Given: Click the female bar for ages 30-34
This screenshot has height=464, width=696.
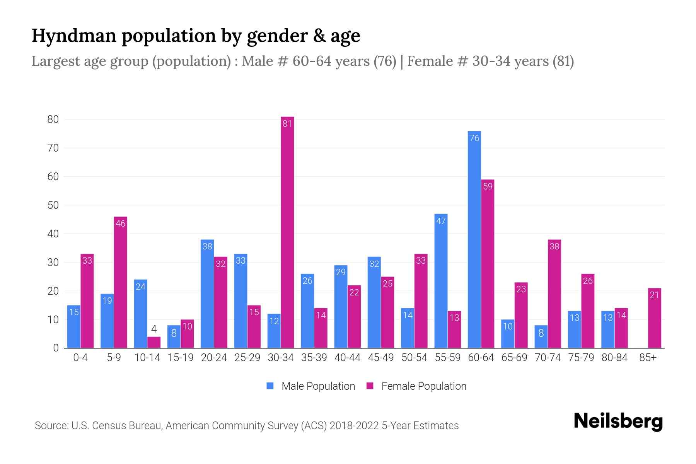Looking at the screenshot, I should (287, 232).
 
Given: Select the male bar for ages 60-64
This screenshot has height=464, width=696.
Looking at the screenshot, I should (474, 240).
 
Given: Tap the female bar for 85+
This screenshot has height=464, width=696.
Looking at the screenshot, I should (655, 318).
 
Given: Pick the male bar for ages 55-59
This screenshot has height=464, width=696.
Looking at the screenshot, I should (441, 281).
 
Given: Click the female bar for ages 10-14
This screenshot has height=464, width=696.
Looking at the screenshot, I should (154, 342).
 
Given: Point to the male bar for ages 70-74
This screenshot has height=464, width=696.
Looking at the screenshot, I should (541, 336).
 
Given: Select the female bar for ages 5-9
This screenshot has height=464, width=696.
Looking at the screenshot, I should (121, 282).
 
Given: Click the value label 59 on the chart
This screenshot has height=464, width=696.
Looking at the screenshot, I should (488, 186).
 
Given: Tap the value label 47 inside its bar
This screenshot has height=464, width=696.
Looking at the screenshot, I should (441, 221).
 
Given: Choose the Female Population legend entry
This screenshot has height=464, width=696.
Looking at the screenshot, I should (416, 386).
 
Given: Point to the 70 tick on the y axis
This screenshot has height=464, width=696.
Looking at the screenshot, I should (53, 148).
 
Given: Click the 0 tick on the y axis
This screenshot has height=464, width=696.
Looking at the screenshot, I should (56, 348).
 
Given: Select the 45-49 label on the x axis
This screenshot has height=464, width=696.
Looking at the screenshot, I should (381, 358).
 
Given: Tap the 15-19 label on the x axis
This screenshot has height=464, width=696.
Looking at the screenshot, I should (181, 358).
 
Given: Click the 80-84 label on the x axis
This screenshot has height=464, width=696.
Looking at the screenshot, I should (614, 358).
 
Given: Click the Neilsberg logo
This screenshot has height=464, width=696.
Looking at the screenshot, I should (618, 421).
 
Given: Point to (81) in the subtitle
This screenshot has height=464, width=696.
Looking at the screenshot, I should (563, 61).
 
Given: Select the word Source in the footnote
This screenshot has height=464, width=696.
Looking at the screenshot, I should (51, 426).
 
